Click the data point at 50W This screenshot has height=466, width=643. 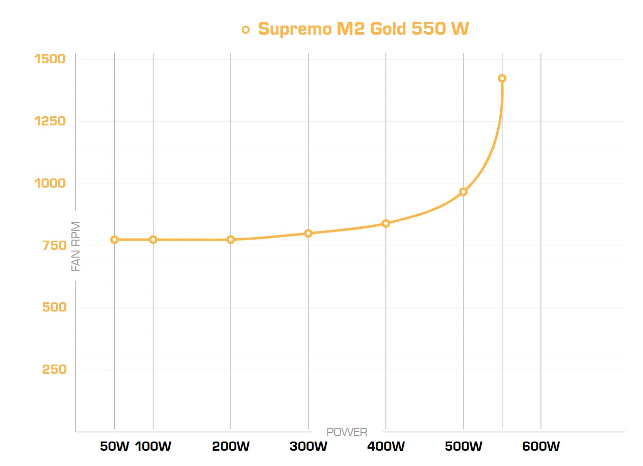pos(114,240)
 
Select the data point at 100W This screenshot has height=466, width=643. pos(153,240)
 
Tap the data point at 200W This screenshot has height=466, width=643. pos(230,240)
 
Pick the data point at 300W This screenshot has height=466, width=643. pos(308,234)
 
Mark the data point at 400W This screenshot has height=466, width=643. pos(385,223)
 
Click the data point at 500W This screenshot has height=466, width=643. pos(463,192)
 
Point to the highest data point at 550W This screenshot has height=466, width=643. pos(502,78)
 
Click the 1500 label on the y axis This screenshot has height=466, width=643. pos(49,59)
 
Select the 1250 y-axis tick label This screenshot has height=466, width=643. pos(49,121)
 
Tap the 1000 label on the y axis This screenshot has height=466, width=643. pos(49,184)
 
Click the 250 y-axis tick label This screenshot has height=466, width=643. pos(54,370)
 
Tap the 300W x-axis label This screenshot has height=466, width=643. pos(308,447)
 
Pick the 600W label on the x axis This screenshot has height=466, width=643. pos(541,447)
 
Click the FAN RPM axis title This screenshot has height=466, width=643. pos(76,246)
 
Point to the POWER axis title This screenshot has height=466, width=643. pos(347,432)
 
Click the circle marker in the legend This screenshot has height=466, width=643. pos(246,30)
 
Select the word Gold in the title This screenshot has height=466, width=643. pos(388,29)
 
